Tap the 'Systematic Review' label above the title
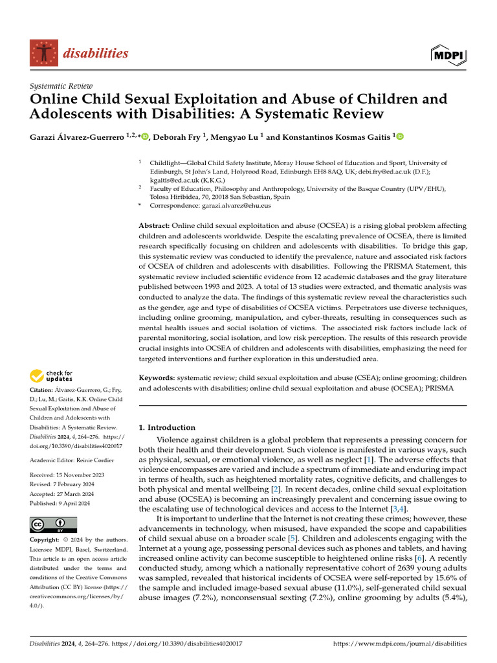[61, 86]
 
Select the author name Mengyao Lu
[237, 137]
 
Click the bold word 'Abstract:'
[155, 225]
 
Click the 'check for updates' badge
[50, 375]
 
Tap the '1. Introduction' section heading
[168, 427]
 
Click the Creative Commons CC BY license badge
[53, 525]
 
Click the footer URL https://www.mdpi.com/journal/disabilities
[399, 644]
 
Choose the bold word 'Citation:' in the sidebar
[43, 390]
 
